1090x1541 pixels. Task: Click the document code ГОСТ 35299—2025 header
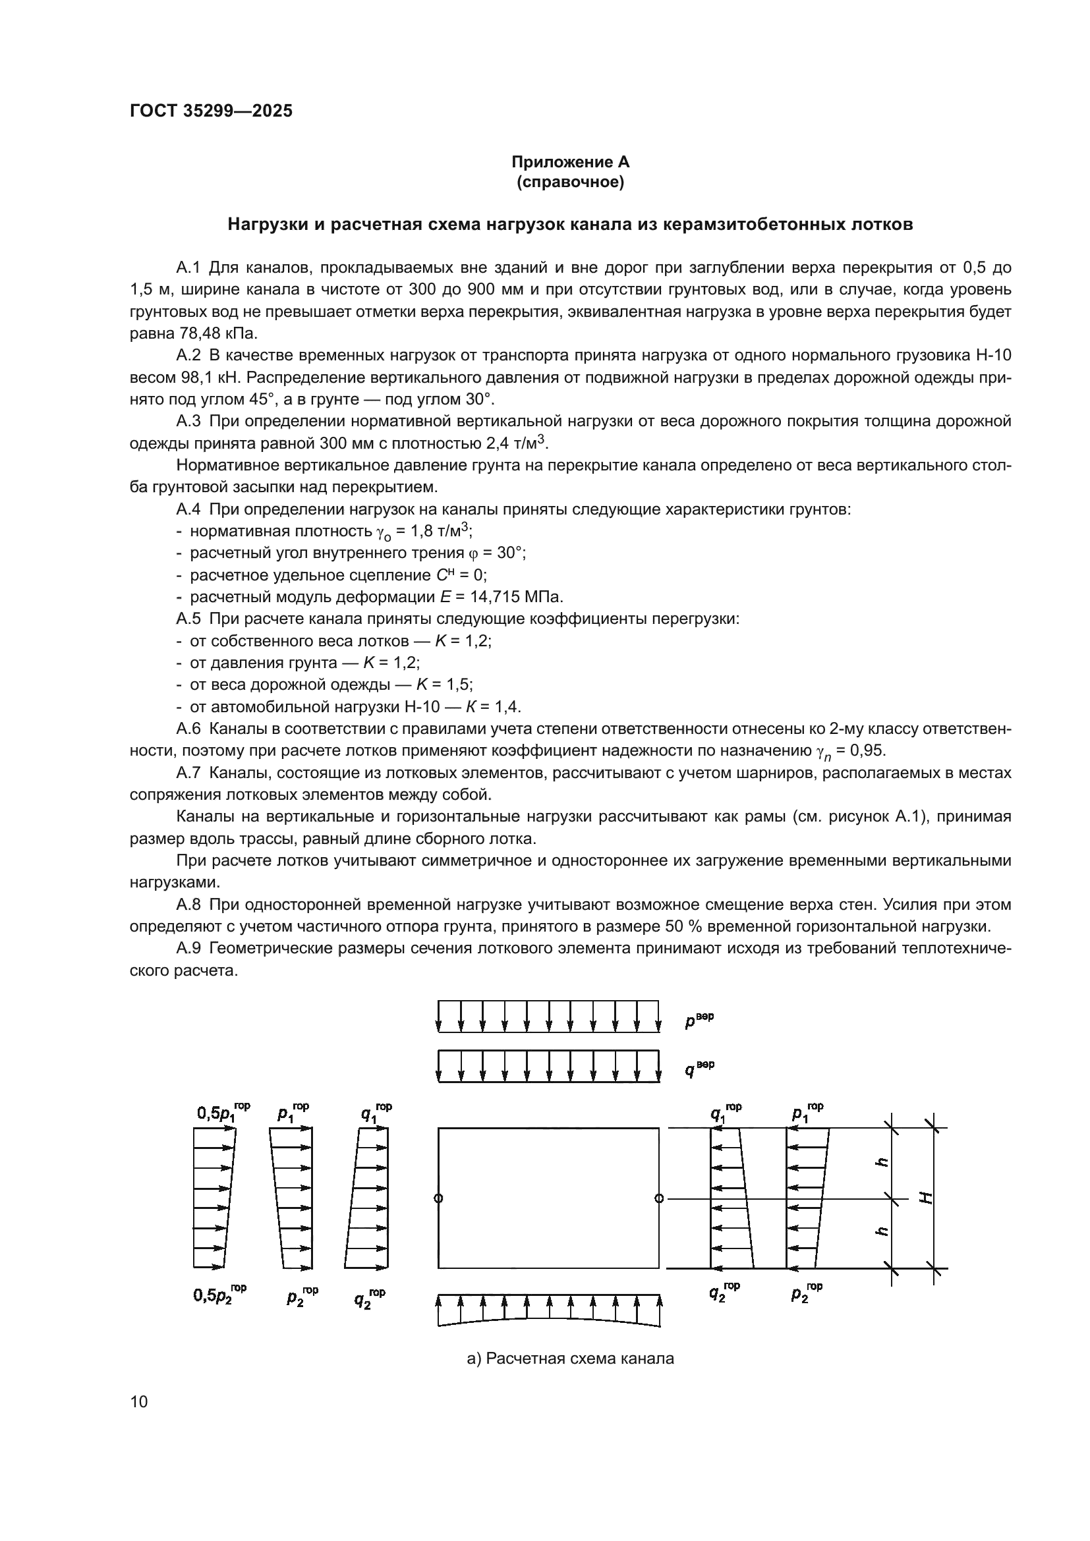(x=211, y=111)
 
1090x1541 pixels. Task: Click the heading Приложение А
(x=570, y=162)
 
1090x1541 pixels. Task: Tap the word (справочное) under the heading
(x=570, y=182)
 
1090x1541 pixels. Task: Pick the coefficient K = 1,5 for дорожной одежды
(x=444, y=685)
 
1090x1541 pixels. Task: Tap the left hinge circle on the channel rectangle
(x=438, y=1198)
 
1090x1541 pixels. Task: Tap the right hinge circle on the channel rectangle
(x=659, y=1198)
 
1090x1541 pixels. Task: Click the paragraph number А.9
(x=188, y=948)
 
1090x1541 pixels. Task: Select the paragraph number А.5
(x=188, y=619)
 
